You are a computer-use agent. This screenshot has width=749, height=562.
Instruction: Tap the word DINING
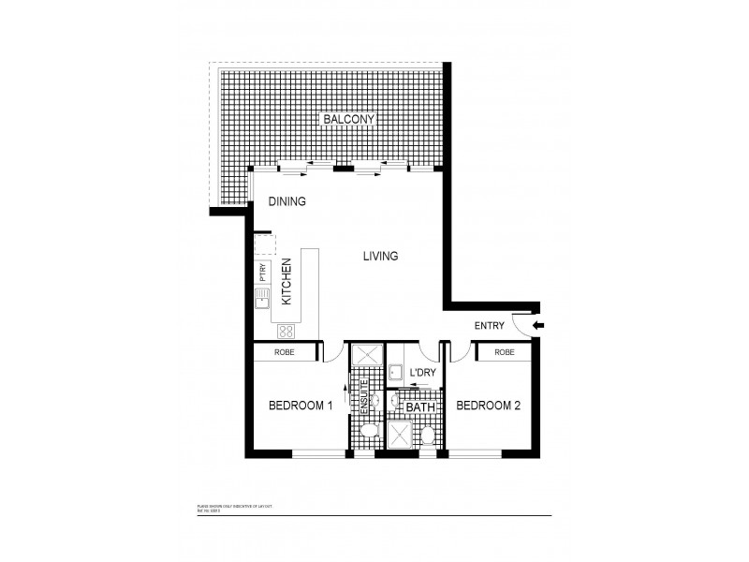(287, 201)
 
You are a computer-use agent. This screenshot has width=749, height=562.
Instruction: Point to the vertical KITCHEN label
(288, 282)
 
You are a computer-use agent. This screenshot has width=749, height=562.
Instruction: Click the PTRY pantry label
(263, 272)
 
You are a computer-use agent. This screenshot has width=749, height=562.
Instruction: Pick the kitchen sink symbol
(262, 298)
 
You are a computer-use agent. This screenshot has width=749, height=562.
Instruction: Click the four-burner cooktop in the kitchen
(286, 331)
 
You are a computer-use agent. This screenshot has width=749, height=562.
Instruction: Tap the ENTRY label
(490, 326)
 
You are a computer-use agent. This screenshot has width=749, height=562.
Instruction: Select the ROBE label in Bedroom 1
(286, 353)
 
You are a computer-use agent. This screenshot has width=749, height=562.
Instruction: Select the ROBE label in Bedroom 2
(504, 353)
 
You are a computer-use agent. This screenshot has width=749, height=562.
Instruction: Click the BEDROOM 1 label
(301, 406)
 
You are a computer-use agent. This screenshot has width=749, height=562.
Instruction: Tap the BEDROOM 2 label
(488, 406)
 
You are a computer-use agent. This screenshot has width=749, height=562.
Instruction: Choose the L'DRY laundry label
(423, 373)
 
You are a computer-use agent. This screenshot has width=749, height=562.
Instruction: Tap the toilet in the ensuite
(368, 429)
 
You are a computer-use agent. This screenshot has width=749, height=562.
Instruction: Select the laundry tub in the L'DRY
(396, 372)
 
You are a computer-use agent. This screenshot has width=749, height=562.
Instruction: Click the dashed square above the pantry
(264, 245)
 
